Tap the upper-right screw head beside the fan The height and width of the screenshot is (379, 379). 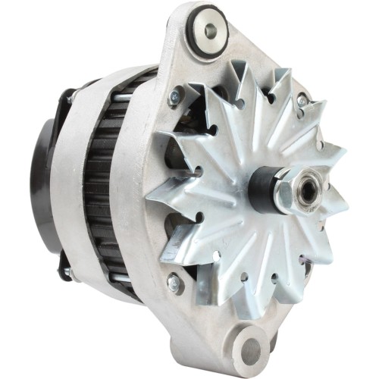pos(302,99)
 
